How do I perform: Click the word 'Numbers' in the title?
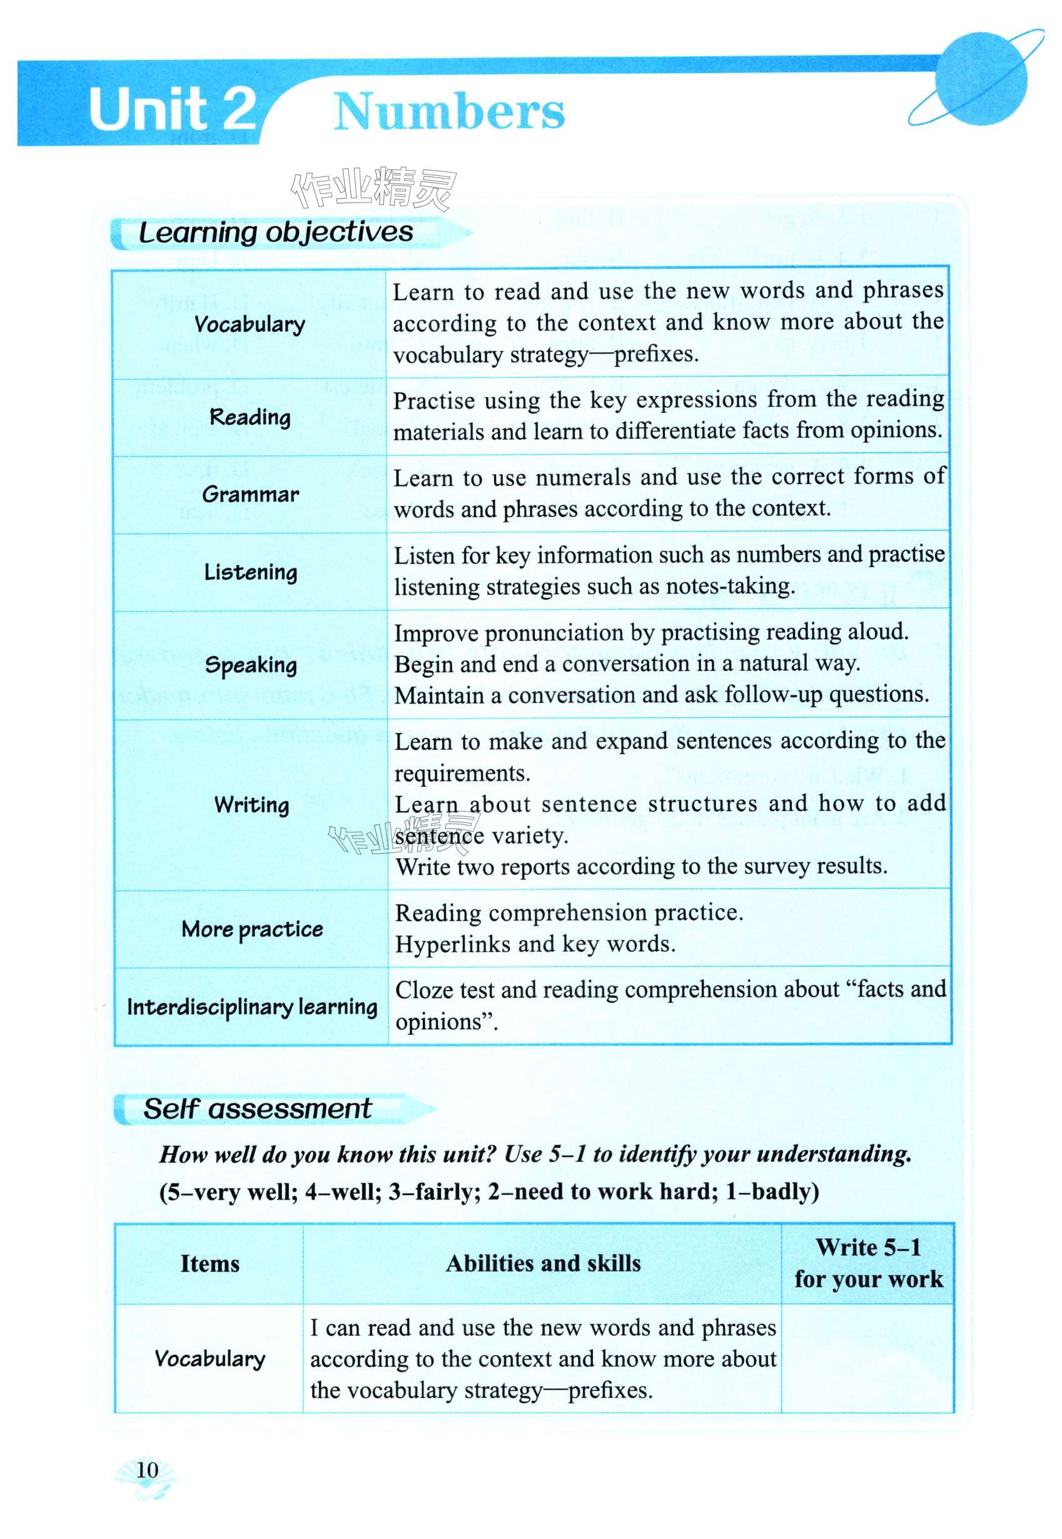449,112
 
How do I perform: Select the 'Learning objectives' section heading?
275,232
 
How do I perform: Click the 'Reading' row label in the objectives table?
250,417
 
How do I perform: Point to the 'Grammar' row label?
250,495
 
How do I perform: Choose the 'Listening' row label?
250,572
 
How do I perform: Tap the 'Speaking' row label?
251,665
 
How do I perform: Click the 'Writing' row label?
251,804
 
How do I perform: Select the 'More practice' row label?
252,929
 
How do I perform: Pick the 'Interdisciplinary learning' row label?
251,1007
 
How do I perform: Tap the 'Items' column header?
210,1264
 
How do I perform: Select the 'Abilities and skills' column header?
543,1264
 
